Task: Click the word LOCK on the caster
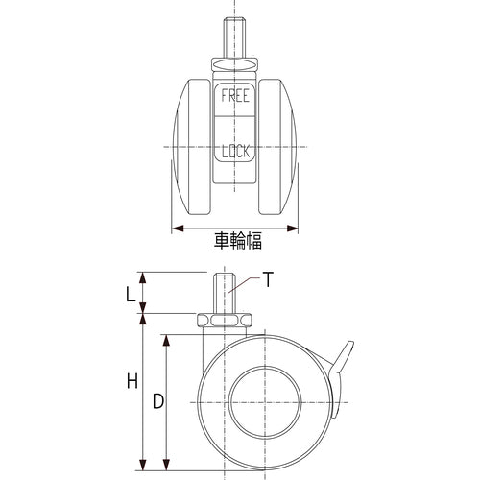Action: [x=234, y=152]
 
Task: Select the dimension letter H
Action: [x=132, y=382]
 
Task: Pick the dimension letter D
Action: [x=156, y=402]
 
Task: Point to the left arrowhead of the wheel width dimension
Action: [x=177, y=229]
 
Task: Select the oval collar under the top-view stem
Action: [x=235, y=65]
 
